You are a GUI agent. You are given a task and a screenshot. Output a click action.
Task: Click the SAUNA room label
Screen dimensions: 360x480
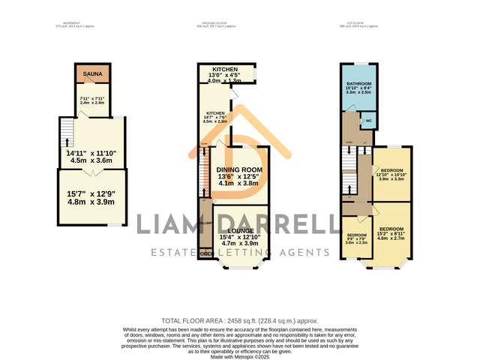click(94, 74)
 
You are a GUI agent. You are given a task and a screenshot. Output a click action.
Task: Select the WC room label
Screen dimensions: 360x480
click(368, 121)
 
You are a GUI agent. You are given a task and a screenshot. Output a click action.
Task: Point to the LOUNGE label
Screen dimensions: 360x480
click(241, 231)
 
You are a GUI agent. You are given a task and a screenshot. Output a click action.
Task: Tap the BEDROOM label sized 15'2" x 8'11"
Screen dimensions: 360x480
click(391, 228)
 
